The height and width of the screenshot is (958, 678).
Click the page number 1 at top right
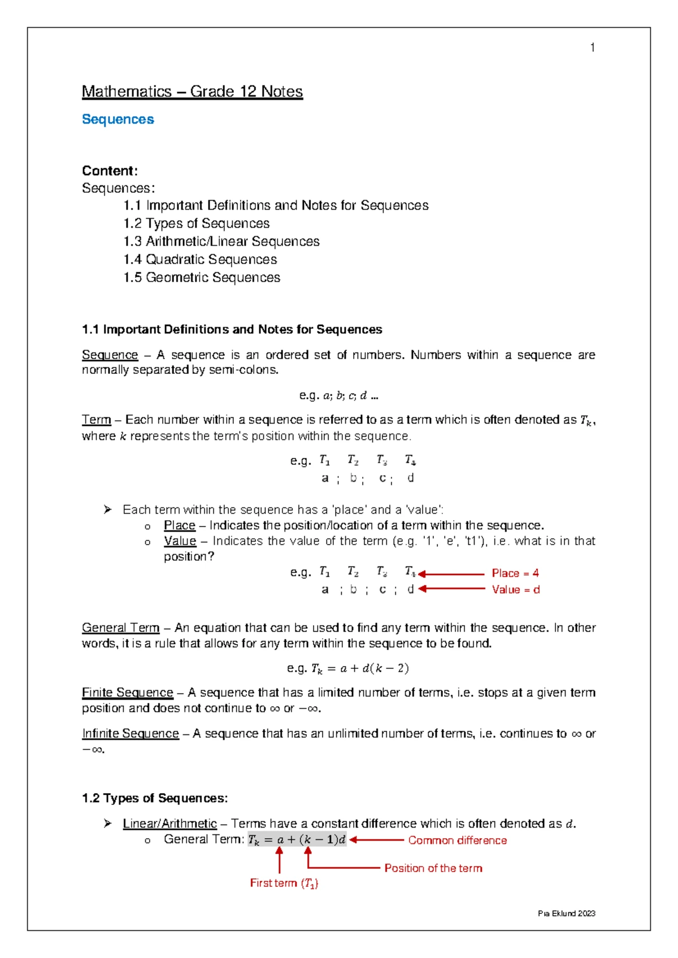pos(592,48)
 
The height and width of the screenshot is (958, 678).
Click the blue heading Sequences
pos(118,119)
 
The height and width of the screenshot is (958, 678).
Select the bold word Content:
pos(110,171)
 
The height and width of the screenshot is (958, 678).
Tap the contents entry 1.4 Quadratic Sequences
pos(200,259)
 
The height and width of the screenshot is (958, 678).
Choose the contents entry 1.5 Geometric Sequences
pos(202,277)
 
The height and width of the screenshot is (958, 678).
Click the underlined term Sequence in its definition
pos(110,355)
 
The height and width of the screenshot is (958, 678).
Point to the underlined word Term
pos(96,420)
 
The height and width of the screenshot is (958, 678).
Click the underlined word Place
pos(179,525)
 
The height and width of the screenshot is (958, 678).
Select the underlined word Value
pos(180,541)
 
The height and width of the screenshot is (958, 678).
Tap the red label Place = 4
pos(515,573)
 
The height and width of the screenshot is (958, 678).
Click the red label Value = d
pos(515,590)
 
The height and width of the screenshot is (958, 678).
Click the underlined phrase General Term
pos(120,628)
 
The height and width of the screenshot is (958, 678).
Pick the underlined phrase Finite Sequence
pos(127,693)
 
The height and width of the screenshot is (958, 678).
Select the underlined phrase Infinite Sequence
pos(130,733)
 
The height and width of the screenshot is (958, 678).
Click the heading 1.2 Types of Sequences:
pos(155,798)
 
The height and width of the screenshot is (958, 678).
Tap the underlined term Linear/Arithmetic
pos(169,824)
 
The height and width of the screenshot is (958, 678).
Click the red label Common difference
pos(457,841)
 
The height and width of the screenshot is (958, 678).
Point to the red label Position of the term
pos(433,868)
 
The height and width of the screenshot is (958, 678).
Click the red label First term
pos(284,883)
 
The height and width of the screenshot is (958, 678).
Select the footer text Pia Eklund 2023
pos(566,913)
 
